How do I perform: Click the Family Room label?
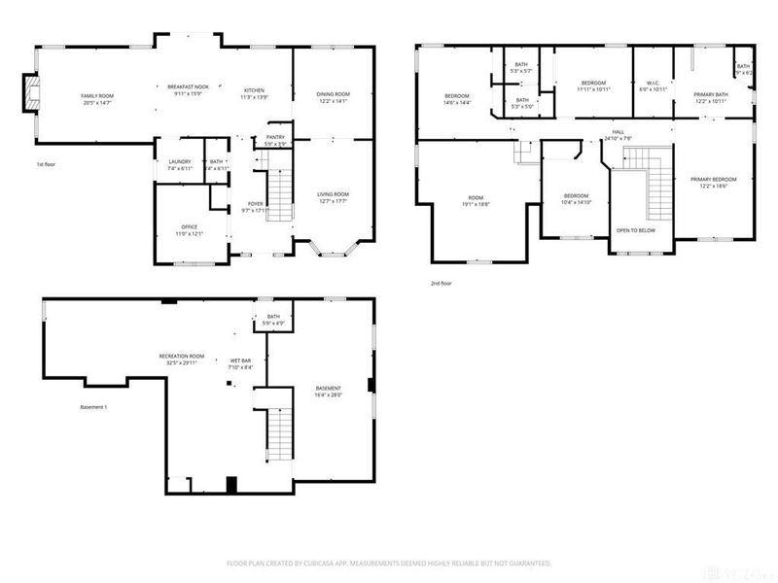point(97,95)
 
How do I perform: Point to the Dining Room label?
point(333,94)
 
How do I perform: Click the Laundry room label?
point(179,161)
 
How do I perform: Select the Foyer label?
point(256,204)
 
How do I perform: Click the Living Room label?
point(333,194)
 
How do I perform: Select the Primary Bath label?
point(711,94)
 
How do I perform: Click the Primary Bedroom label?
point(714,179)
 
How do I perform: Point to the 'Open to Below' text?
point(636,230)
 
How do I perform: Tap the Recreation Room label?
point(180,356)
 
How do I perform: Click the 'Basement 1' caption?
point(93,406)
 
